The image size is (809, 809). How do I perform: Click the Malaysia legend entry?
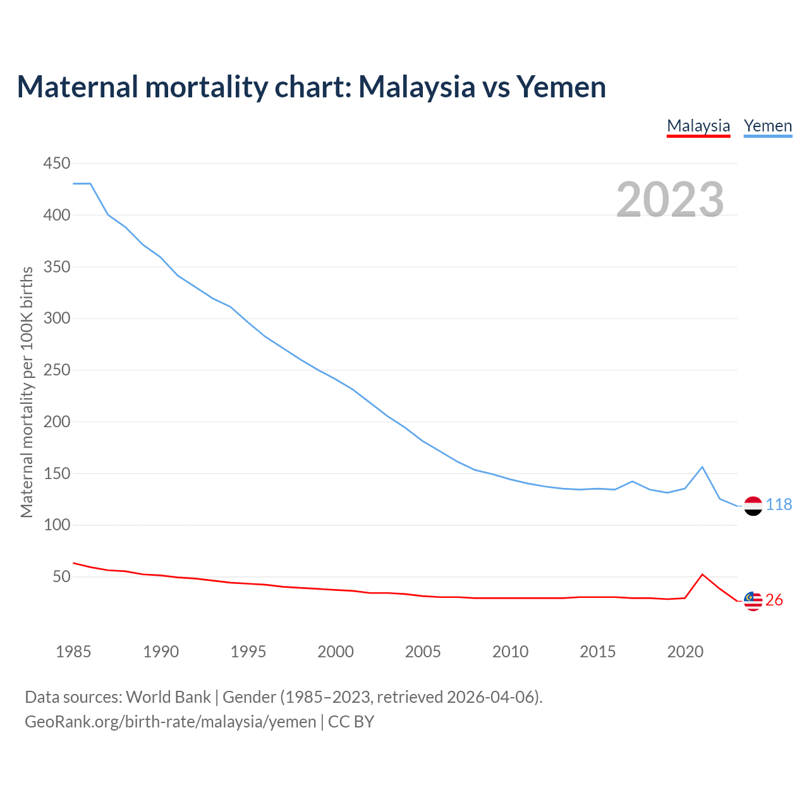coord(698,126)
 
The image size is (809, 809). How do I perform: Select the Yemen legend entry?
coord(768,126)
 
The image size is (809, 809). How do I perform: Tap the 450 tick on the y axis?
coord(56,164)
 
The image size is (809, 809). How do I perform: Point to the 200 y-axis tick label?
coord(56,422)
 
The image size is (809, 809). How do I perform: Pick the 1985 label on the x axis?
coord(73,652)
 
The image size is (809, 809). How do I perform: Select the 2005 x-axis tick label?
coord(423,652)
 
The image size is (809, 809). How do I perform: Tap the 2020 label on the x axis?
coord(685,652)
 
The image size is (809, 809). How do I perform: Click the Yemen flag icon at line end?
coord(753,506)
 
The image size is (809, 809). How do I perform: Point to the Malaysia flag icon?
coord(753,601)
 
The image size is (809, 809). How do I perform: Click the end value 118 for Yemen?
coord(779,504)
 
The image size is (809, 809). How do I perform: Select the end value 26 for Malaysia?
coord(774,600)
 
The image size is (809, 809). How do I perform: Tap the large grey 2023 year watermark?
coord(670,200)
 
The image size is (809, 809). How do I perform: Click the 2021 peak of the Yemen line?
coord(702,467)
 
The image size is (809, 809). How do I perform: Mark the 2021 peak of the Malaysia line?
coord(702,575)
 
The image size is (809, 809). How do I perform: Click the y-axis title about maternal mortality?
coord(27,392)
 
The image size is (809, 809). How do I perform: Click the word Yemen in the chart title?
coord(561,87)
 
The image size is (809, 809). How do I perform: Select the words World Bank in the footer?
coord(168,697)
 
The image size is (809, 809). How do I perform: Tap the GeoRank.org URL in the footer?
coord(170,722)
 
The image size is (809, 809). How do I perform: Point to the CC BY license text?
coord(351,722)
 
